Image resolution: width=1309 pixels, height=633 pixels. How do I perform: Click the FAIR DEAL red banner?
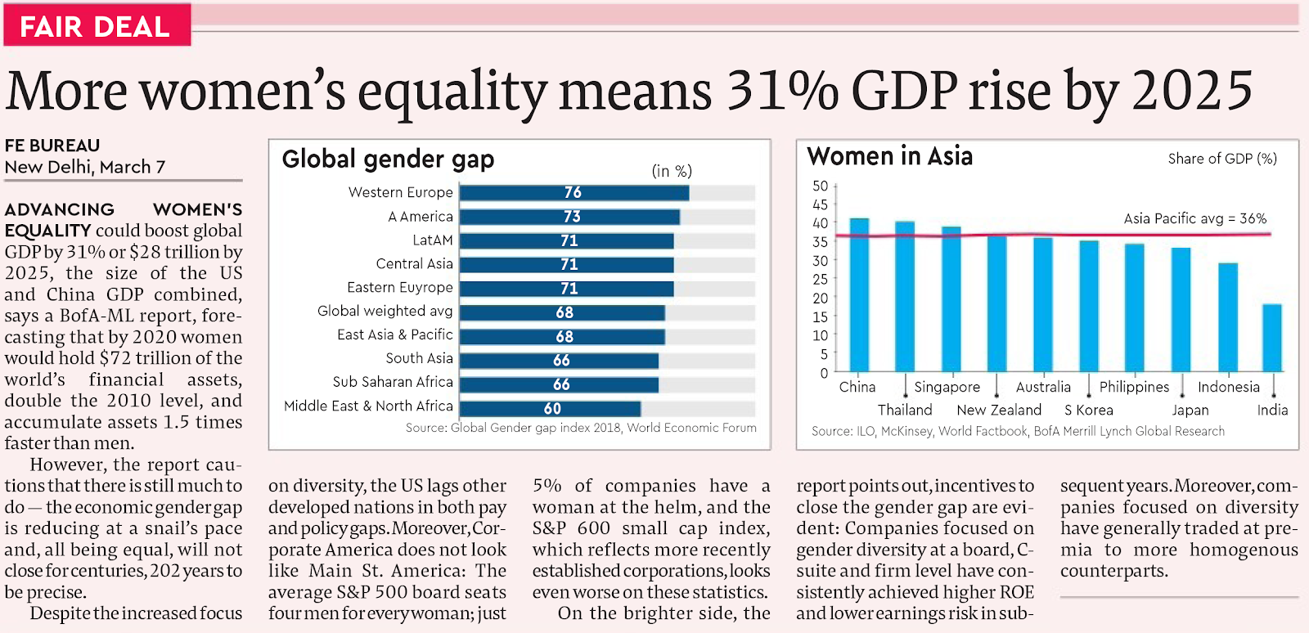pyautogui.click(x=96, y=25)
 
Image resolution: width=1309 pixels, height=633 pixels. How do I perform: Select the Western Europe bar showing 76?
pyautogui.click(x=574, y=193)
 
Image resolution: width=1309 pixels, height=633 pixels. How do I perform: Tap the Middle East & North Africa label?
pyautogui.click(x=368, y=406)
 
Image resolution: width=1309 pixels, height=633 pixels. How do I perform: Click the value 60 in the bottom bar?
pyautogui.click(x=552, y=408)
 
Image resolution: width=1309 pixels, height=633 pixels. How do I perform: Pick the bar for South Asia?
pyautogui.click(x=559, y=361)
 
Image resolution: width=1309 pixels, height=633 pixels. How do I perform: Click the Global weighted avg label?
pyautogui.click(x=385, y=311)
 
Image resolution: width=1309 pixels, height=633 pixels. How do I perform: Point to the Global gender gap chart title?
pyautogui.click(x=388, y=159)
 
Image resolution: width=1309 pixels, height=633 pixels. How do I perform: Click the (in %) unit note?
pyautogui.click(x=672, y=171)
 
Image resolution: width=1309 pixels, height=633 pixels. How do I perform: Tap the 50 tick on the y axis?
pyautogui.click(x=820, y=186)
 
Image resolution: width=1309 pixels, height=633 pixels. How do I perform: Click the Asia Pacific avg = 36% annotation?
pyautogui.click(x=1194, y=218)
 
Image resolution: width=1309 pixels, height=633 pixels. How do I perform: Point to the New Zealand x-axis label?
pyautogui.click(x=999, y=410)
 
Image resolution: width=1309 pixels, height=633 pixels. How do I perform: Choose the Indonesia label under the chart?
pyautogui.click(x=1228, y=387)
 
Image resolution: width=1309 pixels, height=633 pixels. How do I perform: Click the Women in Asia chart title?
pyautogui.click(x=889, y=156)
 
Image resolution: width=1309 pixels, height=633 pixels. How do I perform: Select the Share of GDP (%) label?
pyautogui.click(x=1222, y=159)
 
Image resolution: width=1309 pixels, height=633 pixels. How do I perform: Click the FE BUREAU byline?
pyautogui.click(x=52, y=146)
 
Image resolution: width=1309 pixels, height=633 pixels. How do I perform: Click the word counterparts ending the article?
pyautogui.click(x=1113, y=571)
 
